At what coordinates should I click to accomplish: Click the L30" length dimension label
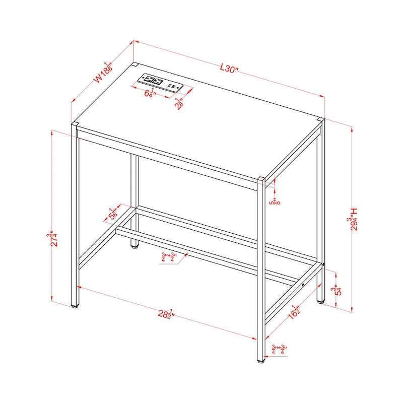228,69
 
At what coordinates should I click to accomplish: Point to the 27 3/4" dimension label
50,238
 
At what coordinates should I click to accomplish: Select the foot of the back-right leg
321,302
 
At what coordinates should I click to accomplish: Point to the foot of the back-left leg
134,246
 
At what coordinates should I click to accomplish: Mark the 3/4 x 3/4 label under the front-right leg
279,349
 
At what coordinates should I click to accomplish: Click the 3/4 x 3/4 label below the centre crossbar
168,257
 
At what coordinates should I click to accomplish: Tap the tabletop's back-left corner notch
135,64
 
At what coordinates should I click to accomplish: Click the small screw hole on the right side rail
302,286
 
